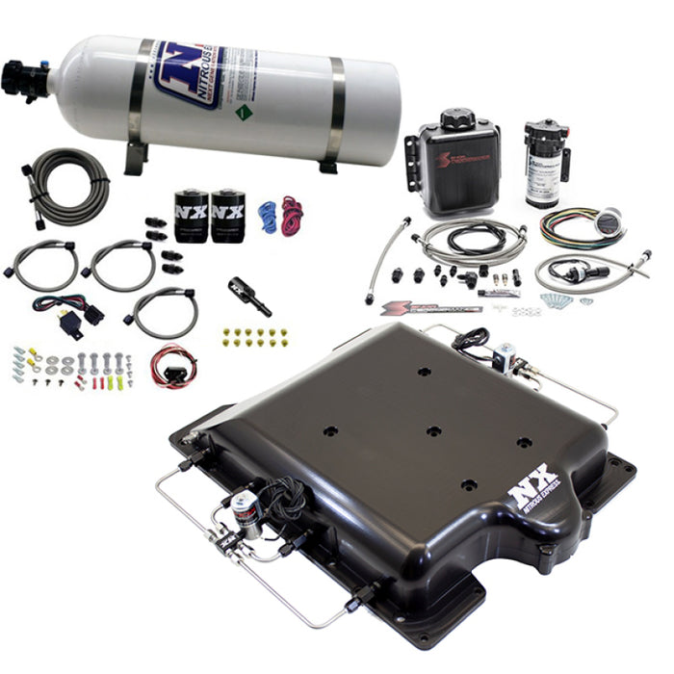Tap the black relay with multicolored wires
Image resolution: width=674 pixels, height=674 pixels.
click(69, 322)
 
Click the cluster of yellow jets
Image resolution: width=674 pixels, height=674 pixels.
click(255, 337)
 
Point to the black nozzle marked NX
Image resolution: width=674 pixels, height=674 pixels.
click(249, 296)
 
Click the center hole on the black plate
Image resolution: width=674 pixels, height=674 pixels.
click(432, 430)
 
